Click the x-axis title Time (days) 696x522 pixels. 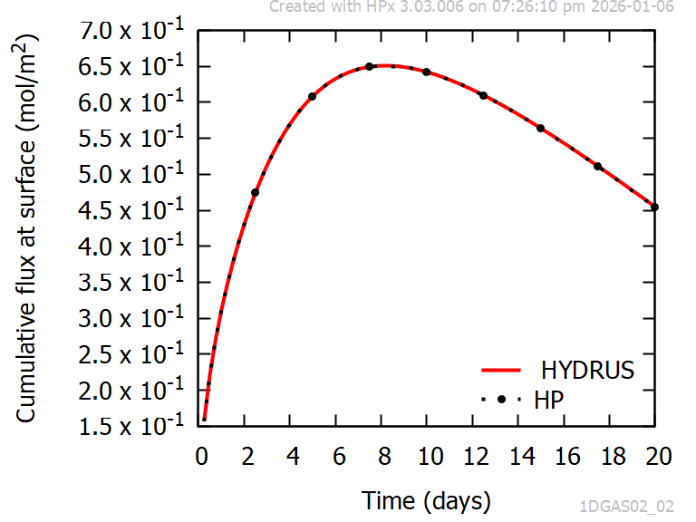426,499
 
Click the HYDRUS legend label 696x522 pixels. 587,370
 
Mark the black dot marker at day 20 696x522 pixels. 655,207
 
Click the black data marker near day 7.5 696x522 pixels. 370,66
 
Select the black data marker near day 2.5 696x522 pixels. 256,192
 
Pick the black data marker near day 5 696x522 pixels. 312,96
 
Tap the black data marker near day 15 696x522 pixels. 541,128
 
